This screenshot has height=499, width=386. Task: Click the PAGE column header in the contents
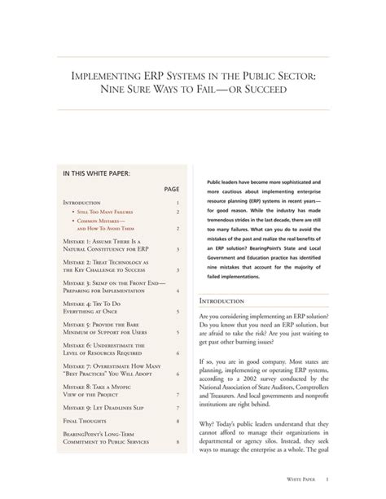point(171,188)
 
